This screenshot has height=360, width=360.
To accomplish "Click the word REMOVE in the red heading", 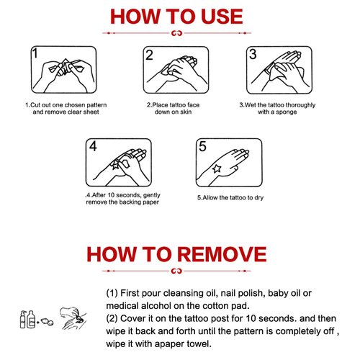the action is pos(222,254).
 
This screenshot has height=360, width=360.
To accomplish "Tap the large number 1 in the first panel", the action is pos(35,53).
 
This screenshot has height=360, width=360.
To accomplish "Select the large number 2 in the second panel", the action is pos(149,55).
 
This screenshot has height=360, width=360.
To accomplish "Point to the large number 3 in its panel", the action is pos(253,54).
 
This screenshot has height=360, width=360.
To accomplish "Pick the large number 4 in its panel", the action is pos(93,146).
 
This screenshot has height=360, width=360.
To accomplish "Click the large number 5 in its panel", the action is pos(202,146).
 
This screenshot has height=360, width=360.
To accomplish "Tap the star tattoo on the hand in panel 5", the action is pos(217,168).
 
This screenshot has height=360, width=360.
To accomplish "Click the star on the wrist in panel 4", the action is pos(114,165).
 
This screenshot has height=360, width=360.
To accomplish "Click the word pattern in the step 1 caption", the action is pos(96,105).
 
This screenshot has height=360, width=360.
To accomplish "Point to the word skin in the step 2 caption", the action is pos(186,112).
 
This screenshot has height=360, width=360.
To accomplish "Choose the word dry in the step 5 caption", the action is pos(259,198).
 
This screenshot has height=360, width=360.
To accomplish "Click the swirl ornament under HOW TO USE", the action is pos(177,33).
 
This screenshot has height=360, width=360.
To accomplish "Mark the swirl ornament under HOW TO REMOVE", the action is pos(177,271).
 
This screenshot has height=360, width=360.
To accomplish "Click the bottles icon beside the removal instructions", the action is pos(27,319).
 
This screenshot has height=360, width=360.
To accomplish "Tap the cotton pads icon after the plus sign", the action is pos(47,322).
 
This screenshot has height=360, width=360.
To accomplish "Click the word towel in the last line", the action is pos(199,343).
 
